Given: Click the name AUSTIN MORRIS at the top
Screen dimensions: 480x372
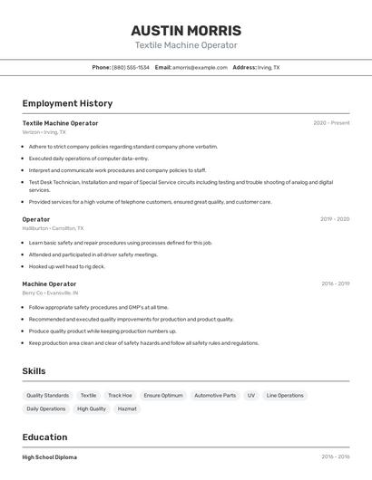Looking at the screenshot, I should (186, 30).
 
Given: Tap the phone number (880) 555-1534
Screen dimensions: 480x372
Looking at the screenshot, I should (131, 67).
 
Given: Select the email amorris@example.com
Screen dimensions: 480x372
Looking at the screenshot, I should (200, 67).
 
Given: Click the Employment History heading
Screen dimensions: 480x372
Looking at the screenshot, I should (67, 103).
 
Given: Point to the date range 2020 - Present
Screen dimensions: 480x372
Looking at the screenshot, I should (331, 123).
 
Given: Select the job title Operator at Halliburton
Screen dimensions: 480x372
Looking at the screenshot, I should (36, 219).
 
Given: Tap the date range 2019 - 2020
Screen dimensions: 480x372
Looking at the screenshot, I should (335, 219).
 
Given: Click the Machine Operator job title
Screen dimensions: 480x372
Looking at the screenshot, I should (49, 283).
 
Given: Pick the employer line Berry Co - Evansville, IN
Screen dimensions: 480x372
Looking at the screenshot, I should (50, 293).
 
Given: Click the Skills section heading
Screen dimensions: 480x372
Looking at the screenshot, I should (34, 371).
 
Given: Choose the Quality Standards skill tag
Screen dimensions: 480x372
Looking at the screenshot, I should (47, 396).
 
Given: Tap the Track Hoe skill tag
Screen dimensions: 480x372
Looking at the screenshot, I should (120, 396).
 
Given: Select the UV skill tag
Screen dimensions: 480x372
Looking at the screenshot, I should (251, 396).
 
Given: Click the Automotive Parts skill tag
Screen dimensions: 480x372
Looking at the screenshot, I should (215, 396).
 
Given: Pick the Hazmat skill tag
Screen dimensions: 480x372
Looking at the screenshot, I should (127, 408).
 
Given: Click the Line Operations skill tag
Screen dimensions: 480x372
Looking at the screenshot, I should (285, 396).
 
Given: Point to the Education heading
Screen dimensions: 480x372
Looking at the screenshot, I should (44, 437).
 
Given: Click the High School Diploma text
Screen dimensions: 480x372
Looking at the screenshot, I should (50, 457).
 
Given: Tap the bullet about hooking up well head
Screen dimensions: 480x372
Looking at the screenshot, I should (67, 266).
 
